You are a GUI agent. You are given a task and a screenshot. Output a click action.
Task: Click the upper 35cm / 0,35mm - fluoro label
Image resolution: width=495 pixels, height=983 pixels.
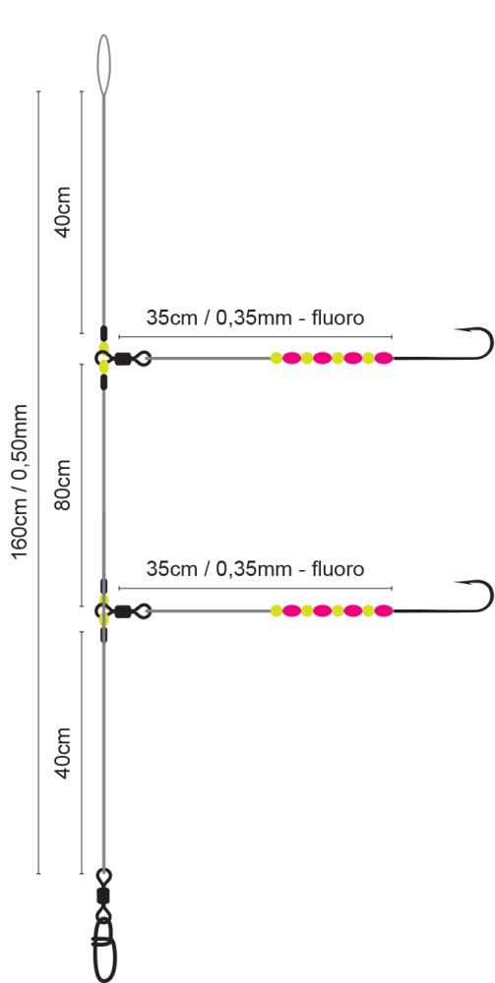pos(255,318)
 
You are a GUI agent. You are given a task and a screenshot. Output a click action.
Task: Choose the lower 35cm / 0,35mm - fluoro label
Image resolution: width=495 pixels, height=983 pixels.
pos(255,568)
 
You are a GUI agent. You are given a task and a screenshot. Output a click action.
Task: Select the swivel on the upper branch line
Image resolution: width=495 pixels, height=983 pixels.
pos(124,359)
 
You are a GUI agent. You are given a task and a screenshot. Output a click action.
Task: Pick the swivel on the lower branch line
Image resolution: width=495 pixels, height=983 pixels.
pos(124,610)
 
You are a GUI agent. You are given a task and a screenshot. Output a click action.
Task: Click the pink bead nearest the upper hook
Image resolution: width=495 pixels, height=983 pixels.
pos(384,358)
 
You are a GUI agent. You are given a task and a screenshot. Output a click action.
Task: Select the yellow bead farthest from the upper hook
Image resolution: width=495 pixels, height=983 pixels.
pos(277,358)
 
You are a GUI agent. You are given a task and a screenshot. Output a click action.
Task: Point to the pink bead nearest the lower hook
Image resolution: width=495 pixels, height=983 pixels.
pos(384,610)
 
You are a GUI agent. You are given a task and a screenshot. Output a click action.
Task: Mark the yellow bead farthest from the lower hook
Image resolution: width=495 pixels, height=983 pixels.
pos(277,610)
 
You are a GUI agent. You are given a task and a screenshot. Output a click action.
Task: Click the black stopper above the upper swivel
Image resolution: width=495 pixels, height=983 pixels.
pos(103,333)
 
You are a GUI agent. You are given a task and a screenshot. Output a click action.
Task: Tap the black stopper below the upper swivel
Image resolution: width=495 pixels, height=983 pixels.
pos(103,382)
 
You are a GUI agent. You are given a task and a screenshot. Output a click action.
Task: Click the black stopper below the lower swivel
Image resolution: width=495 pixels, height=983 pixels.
pos(103,634)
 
